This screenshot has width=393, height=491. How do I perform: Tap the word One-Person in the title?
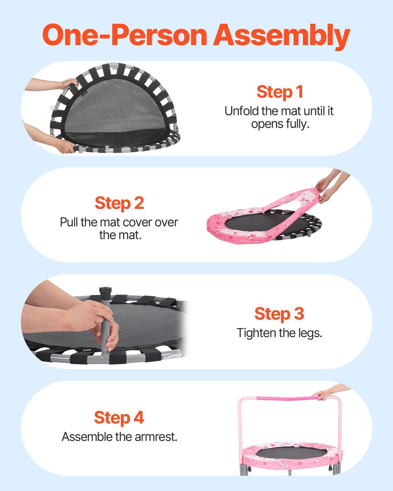click(125, 35)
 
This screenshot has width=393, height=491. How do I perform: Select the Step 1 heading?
click(280, 92)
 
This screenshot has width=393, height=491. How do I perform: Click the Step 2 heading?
click(119, 203)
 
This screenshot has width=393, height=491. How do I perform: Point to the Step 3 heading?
click(279, 314)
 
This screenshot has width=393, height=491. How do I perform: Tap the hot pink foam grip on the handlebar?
click(287, 398)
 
